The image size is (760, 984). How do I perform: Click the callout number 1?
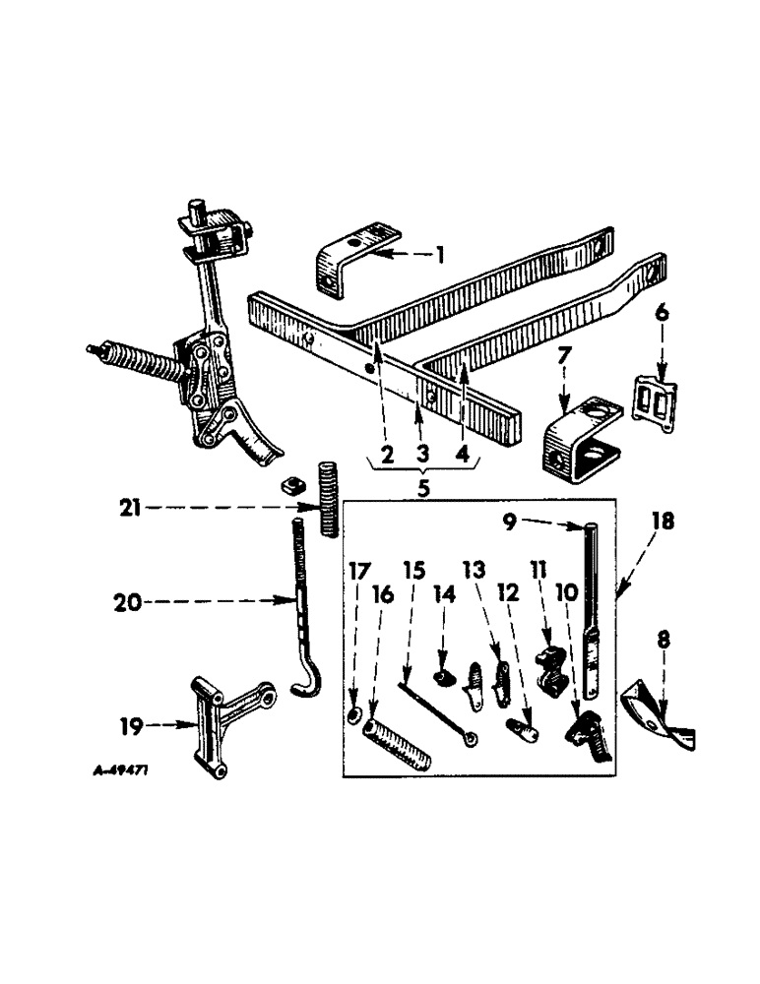440,255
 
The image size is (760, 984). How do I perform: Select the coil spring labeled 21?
330,498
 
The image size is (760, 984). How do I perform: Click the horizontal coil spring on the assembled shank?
139,359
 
